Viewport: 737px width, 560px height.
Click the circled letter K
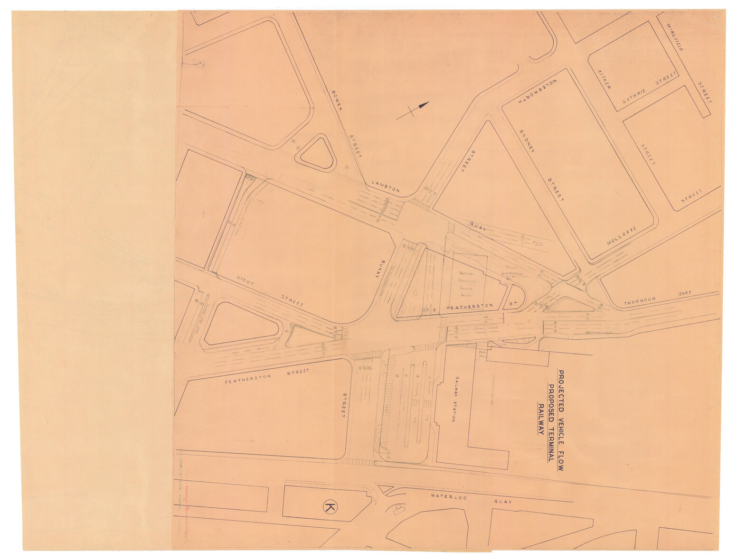point(329,507)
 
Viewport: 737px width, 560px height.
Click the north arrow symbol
point(413,110)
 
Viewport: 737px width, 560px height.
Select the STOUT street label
point(246,283)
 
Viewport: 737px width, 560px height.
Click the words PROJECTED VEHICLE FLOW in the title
point(560,420)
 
